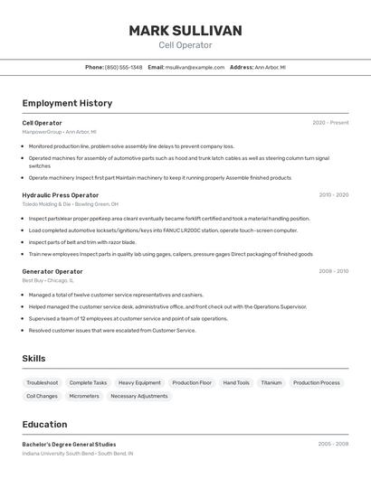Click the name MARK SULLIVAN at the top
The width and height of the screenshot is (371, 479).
click(x=185, y=31)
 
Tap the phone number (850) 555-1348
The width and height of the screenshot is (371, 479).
click(x=123, y=67)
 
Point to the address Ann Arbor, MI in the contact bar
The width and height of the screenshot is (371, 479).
click(x=270, y=67)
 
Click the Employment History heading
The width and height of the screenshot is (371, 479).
click(x=67, y=103)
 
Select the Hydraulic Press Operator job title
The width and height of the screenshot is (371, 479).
click(x=61, y=195)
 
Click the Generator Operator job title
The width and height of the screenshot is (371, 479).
click(x=52, y=271)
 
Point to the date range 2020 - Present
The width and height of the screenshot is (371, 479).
click(x=330, y=123)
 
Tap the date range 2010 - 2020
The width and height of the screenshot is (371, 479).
click(x=333, y=195)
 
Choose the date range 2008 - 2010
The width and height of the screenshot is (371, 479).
click(x=333, y=271)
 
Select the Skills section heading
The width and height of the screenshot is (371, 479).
click(x=33, y=359)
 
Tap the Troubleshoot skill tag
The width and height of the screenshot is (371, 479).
click(x=43, y=382)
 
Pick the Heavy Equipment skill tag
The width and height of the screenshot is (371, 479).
click(x=139, y=382)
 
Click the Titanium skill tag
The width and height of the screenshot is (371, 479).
click(x=271, y=382)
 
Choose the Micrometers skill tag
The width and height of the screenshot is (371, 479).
click(x=84, y=396)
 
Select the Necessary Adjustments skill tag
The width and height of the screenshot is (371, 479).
click(x=139, y=396)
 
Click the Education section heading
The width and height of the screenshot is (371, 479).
click(x=44, y=424)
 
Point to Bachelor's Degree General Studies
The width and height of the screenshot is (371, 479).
click(x=69, y=445)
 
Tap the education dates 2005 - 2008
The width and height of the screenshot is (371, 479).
click(x=333, y=445)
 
